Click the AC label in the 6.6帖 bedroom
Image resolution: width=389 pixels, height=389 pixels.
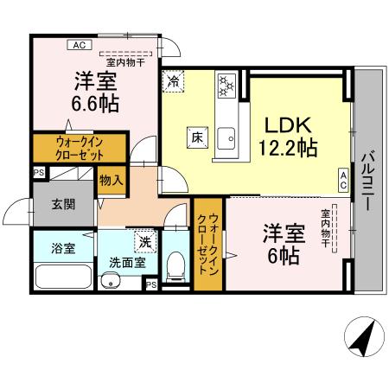pos(79,45)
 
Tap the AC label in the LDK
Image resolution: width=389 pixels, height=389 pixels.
pos(342,180)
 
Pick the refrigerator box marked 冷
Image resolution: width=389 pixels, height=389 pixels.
pos(173,81)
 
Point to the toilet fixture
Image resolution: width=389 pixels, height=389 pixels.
pos(175,265)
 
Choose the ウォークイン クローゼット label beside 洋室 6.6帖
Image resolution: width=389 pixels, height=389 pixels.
pos(80,148)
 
